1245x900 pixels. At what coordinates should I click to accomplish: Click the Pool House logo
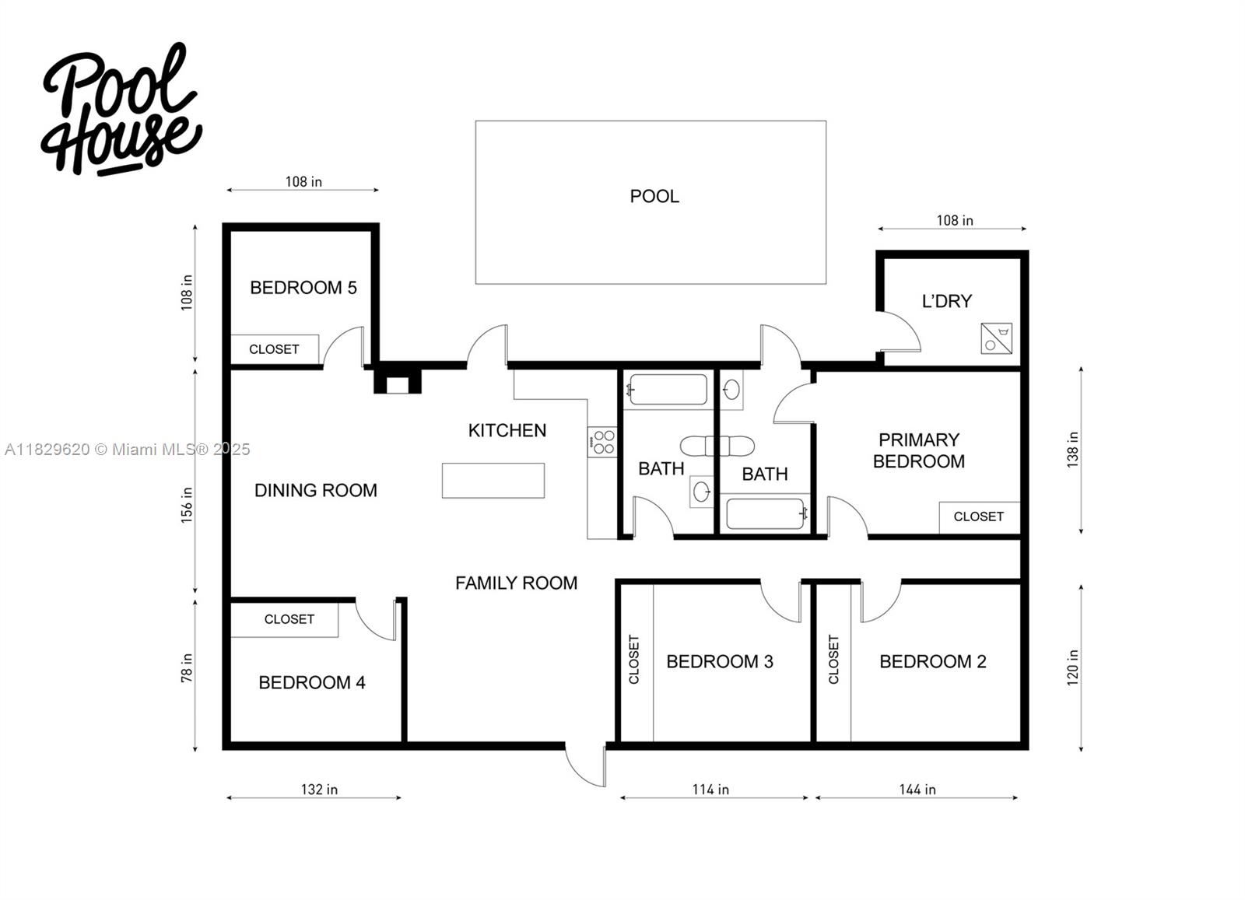click(121, 109)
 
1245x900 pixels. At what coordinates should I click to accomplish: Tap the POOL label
click(654, 197)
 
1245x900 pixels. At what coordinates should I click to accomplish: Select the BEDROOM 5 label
click(303, 288)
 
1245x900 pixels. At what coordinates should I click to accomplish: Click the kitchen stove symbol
click(602, 442)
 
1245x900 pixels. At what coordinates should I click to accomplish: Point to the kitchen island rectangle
click(493, 480)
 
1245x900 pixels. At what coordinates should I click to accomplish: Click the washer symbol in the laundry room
click(996, 338)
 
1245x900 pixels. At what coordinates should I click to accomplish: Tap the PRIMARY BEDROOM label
click(918, 450)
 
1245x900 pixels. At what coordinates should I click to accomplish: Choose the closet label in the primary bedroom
click(978, 517)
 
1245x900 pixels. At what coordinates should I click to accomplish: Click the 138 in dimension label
click(1073, 450)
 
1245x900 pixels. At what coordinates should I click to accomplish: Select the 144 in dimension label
click(917, 790)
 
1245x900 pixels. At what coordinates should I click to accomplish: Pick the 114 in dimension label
click(710, 790)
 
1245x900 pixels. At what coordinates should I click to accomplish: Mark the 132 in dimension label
click(319, 790)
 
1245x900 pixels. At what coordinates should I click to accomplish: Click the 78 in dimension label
click(187, 668)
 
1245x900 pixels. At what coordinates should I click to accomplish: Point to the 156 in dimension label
click(187, 505)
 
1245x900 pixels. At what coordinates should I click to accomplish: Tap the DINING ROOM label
click(315, 491)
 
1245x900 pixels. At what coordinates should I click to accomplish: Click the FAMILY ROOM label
click(516, 583)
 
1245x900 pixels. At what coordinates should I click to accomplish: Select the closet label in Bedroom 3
click(634, 660)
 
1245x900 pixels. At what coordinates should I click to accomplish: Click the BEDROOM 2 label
click(932, 662)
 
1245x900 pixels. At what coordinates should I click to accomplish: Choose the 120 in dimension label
click(1073, 667)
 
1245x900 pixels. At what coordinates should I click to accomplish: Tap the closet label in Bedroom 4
click(289, 619)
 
